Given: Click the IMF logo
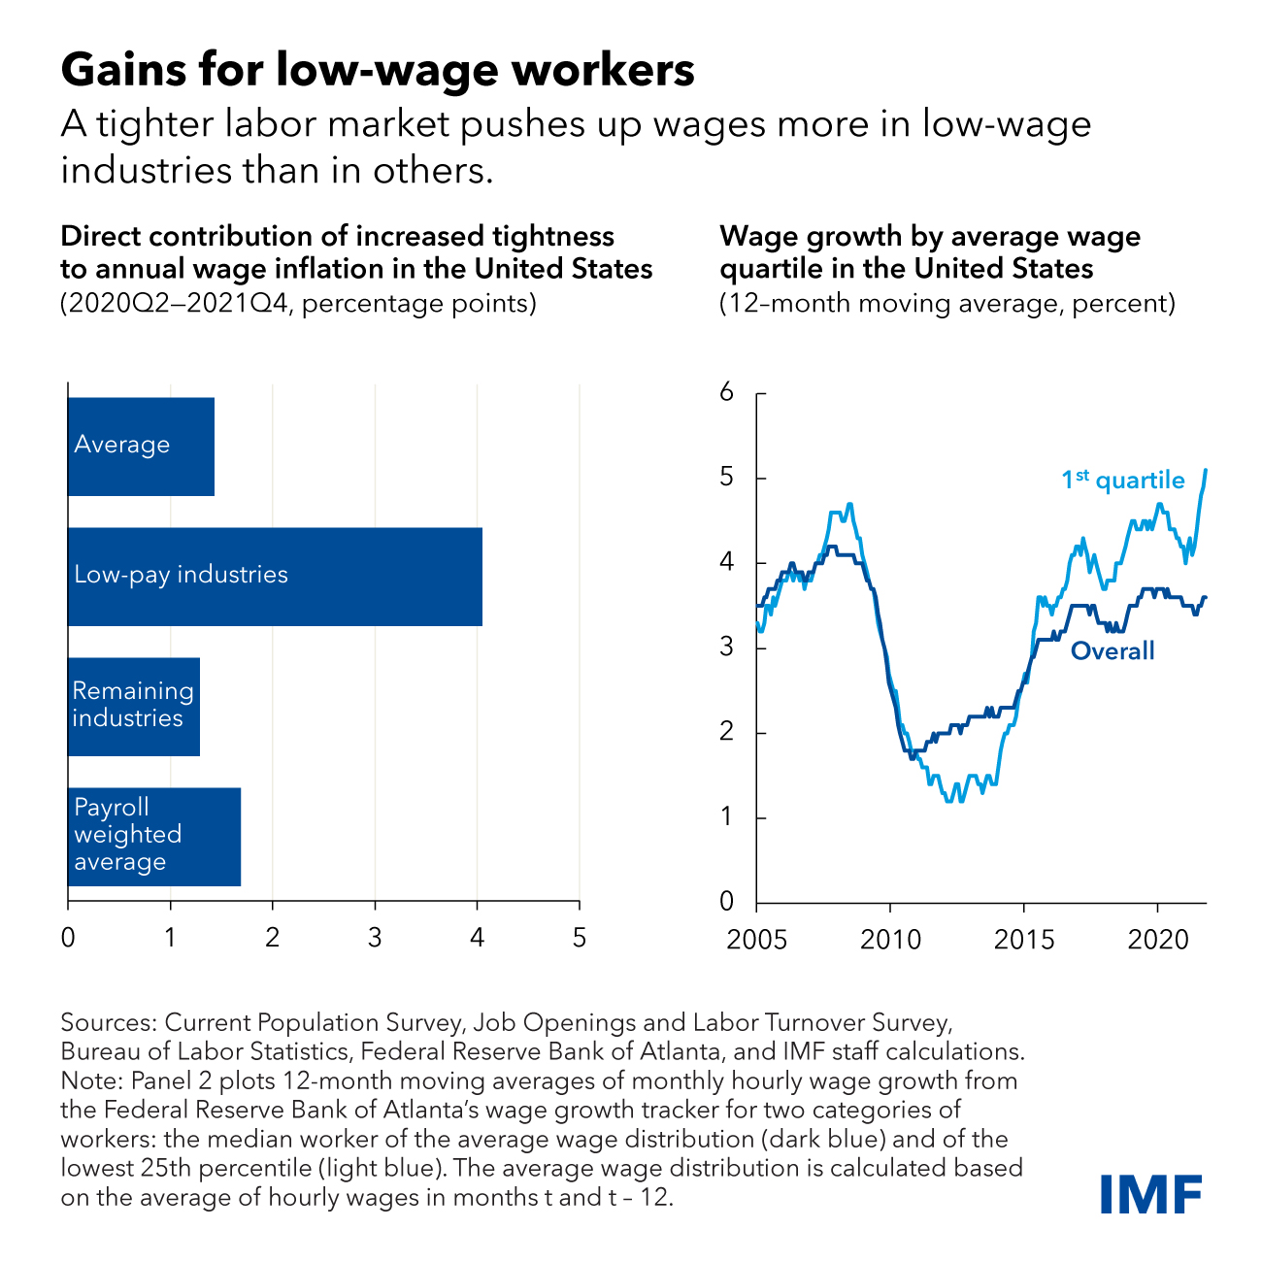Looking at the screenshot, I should (1151, 1193).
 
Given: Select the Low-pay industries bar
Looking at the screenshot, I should (275, 577).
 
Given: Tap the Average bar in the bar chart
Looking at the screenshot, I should (141, 447).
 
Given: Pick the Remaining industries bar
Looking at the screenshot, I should (133, 707).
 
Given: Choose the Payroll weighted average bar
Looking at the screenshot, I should (153, 836).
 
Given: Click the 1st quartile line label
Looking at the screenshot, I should (1122, 480).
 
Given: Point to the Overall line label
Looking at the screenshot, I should (1113, 650).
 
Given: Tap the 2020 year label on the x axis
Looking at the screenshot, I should (1157, 940).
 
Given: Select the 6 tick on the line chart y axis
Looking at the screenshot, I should (726, 393).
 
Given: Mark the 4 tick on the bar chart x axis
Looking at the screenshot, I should (477, 938).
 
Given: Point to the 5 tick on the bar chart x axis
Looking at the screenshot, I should (580, 938).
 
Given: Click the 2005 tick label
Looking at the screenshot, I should (756, 940).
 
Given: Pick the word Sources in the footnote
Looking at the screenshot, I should (107, 1022).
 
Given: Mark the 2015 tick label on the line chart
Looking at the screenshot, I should (1023, 940).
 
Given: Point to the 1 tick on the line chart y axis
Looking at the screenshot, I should (726, 817).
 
